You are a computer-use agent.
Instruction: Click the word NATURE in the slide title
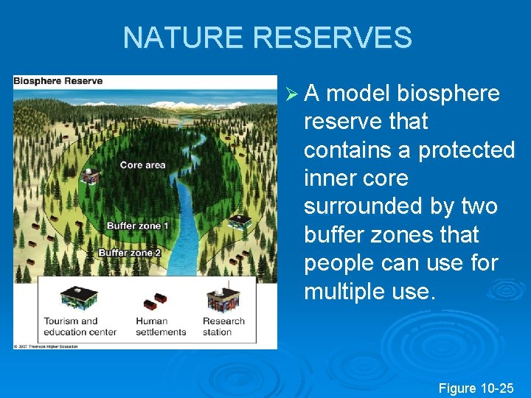coord(181,38)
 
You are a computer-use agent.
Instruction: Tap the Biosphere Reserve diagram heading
coord(58,80)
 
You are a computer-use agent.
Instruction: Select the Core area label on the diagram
coord(142,165)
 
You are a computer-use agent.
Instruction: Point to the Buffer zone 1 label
coord(138,226)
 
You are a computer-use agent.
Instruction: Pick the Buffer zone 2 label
coord(129,253)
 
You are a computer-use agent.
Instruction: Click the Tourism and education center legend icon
coord(78,297)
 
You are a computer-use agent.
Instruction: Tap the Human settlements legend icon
coord(155,300)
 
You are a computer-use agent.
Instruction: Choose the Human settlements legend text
coord(161,327)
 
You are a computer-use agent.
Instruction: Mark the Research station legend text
coord(223,327)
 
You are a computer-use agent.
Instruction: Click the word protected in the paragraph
coord(466,150)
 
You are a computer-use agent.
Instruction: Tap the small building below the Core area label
coord(91,176)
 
